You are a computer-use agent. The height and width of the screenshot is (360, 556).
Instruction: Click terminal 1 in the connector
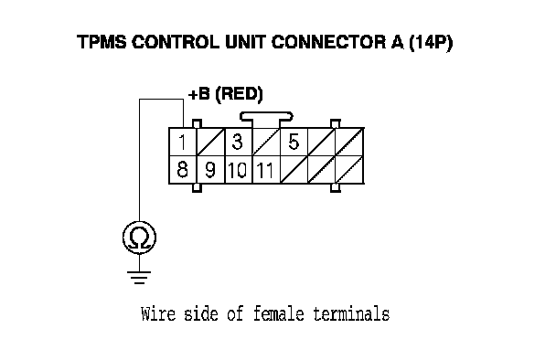tap(182, 143)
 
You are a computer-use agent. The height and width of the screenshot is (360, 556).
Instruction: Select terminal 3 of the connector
tap(238, 143)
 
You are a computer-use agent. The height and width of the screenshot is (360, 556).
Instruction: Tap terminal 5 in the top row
tap(294, 143)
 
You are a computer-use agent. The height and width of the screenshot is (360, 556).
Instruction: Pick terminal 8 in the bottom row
tap(182, 169)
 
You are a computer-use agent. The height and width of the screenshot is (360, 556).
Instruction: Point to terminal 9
tap(210, 169)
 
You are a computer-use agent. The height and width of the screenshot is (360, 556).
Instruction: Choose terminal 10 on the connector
tap(238, 169)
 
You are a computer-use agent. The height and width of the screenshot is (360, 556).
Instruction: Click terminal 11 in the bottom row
tap(266, 169)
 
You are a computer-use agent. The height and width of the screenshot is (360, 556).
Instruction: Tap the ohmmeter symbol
tap(139, 238)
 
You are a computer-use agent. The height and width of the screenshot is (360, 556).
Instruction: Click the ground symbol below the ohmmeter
tap(139, 278)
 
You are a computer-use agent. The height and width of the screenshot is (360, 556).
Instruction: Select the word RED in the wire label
tap(239, 95)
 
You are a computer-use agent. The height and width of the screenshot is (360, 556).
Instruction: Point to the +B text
tap(199, 95)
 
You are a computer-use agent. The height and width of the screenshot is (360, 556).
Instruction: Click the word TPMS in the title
tap(102, 42)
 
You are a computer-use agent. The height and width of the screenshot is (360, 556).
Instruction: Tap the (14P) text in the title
tap(431, 43)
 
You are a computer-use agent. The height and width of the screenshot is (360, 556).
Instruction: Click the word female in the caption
tap(279, 313)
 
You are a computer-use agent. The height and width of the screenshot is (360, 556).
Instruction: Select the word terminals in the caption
tap(351, 314)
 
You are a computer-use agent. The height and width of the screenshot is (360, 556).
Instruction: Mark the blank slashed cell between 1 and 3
tap(210, 143)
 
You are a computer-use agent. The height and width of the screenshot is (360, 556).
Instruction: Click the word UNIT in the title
tap(245, 42)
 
